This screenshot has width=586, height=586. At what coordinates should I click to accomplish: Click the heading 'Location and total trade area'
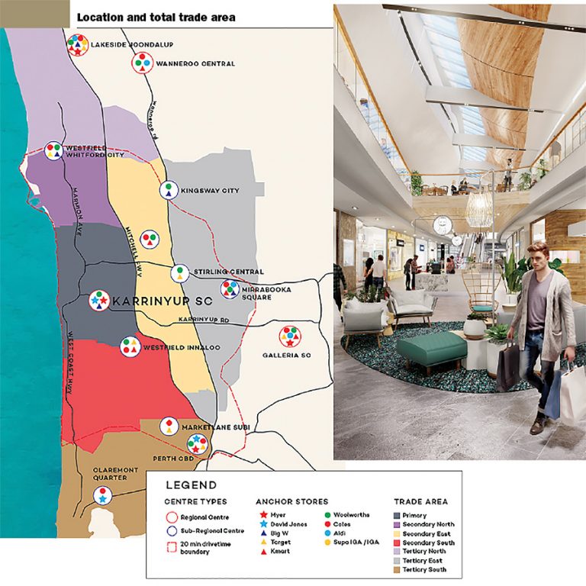click(x=156, y=17)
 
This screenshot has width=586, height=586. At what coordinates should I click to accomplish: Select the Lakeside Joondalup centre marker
click(x=76, y=45)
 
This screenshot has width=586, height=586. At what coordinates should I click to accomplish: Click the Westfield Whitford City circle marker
click(x=53, y=151)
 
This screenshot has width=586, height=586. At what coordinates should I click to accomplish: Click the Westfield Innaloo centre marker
click(x=130, y=346)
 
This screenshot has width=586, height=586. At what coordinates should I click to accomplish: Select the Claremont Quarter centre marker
click(x=102, y=495)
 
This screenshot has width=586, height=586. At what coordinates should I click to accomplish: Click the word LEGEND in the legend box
click(x=191, y=485)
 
